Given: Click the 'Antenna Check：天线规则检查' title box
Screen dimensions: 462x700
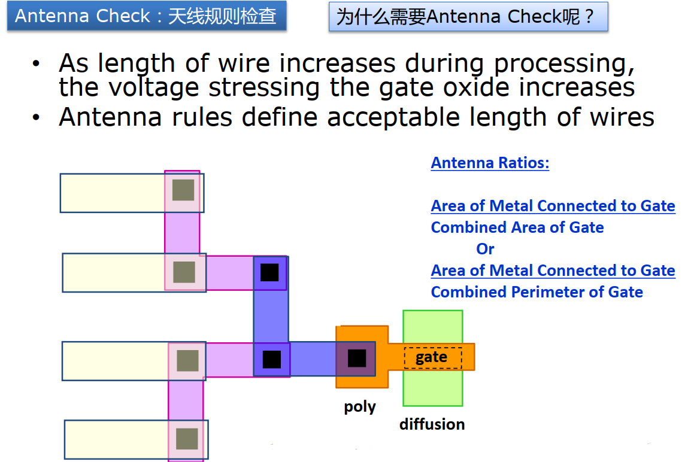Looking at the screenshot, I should [x=146, y=16].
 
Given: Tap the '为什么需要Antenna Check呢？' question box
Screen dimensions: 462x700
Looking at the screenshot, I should [x=468, y=17].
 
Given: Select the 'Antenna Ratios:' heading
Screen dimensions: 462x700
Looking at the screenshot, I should [x=490, y=163].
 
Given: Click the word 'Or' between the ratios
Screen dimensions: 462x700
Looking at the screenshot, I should [x=485, y=248].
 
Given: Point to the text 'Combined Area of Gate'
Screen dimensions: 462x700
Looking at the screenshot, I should [x=517, y=227].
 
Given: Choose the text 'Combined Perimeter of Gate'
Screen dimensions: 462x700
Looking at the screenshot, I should [x=537, y=292].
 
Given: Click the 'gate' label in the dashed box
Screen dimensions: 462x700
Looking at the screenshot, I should [x=431, y=357].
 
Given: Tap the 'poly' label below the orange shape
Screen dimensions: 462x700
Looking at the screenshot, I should [x=360, y=407].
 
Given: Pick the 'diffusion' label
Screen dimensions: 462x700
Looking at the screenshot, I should [x=432, y=424].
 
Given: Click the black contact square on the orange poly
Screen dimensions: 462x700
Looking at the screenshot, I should [x=357, y=358].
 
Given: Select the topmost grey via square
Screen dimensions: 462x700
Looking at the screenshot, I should [x=183, y=190].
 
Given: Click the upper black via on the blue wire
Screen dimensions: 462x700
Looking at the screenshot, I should [x=269, y=272].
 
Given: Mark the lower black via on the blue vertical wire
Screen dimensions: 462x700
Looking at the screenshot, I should [x=271, y=359].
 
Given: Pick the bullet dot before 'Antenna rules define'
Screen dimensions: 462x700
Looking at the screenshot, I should [x=37, y=117].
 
